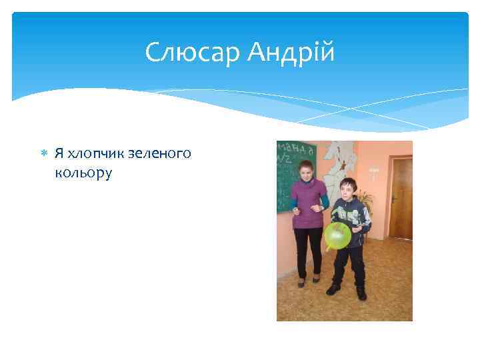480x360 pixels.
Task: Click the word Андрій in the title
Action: coord(291,53)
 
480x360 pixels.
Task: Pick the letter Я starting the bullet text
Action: coord(59,154)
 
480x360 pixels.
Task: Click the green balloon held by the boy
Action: coord(337,235)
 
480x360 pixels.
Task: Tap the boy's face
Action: coord(347,189)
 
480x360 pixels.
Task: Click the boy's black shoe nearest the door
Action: coord(361,293)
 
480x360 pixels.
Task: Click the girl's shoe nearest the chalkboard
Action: coord(301,281)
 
